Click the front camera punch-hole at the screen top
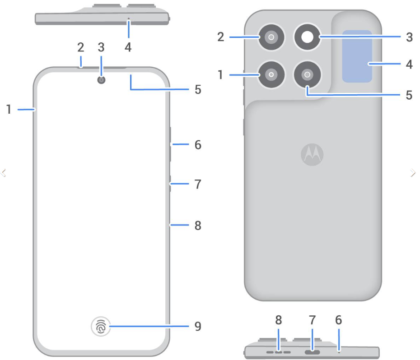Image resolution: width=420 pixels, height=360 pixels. (101, 80)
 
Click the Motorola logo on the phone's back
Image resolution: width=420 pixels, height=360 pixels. (312, 155)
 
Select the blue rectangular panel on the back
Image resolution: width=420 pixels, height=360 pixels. (357, 56)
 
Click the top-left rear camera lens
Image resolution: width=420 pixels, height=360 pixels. (271, 38)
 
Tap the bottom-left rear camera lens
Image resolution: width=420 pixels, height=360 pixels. (271, 74)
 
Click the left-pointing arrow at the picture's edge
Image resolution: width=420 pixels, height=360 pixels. (4, 172)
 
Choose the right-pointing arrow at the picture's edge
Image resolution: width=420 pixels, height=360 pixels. (413, 172)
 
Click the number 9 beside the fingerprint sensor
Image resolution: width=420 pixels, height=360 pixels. (198, 326)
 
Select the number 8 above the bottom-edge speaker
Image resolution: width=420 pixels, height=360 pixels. (279, 320)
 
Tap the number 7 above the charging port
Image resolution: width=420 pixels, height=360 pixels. (312, 320)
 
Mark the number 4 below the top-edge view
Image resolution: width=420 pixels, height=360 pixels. (128, 46)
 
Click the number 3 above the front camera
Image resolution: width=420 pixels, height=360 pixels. (101, 46)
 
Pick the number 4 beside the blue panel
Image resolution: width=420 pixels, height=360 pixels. (409, 64)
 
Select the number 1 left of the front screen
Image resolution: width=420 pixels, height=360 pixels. (9, 109)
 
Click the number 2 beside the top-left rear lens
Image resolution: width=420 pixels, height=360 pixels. (220, 37)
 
